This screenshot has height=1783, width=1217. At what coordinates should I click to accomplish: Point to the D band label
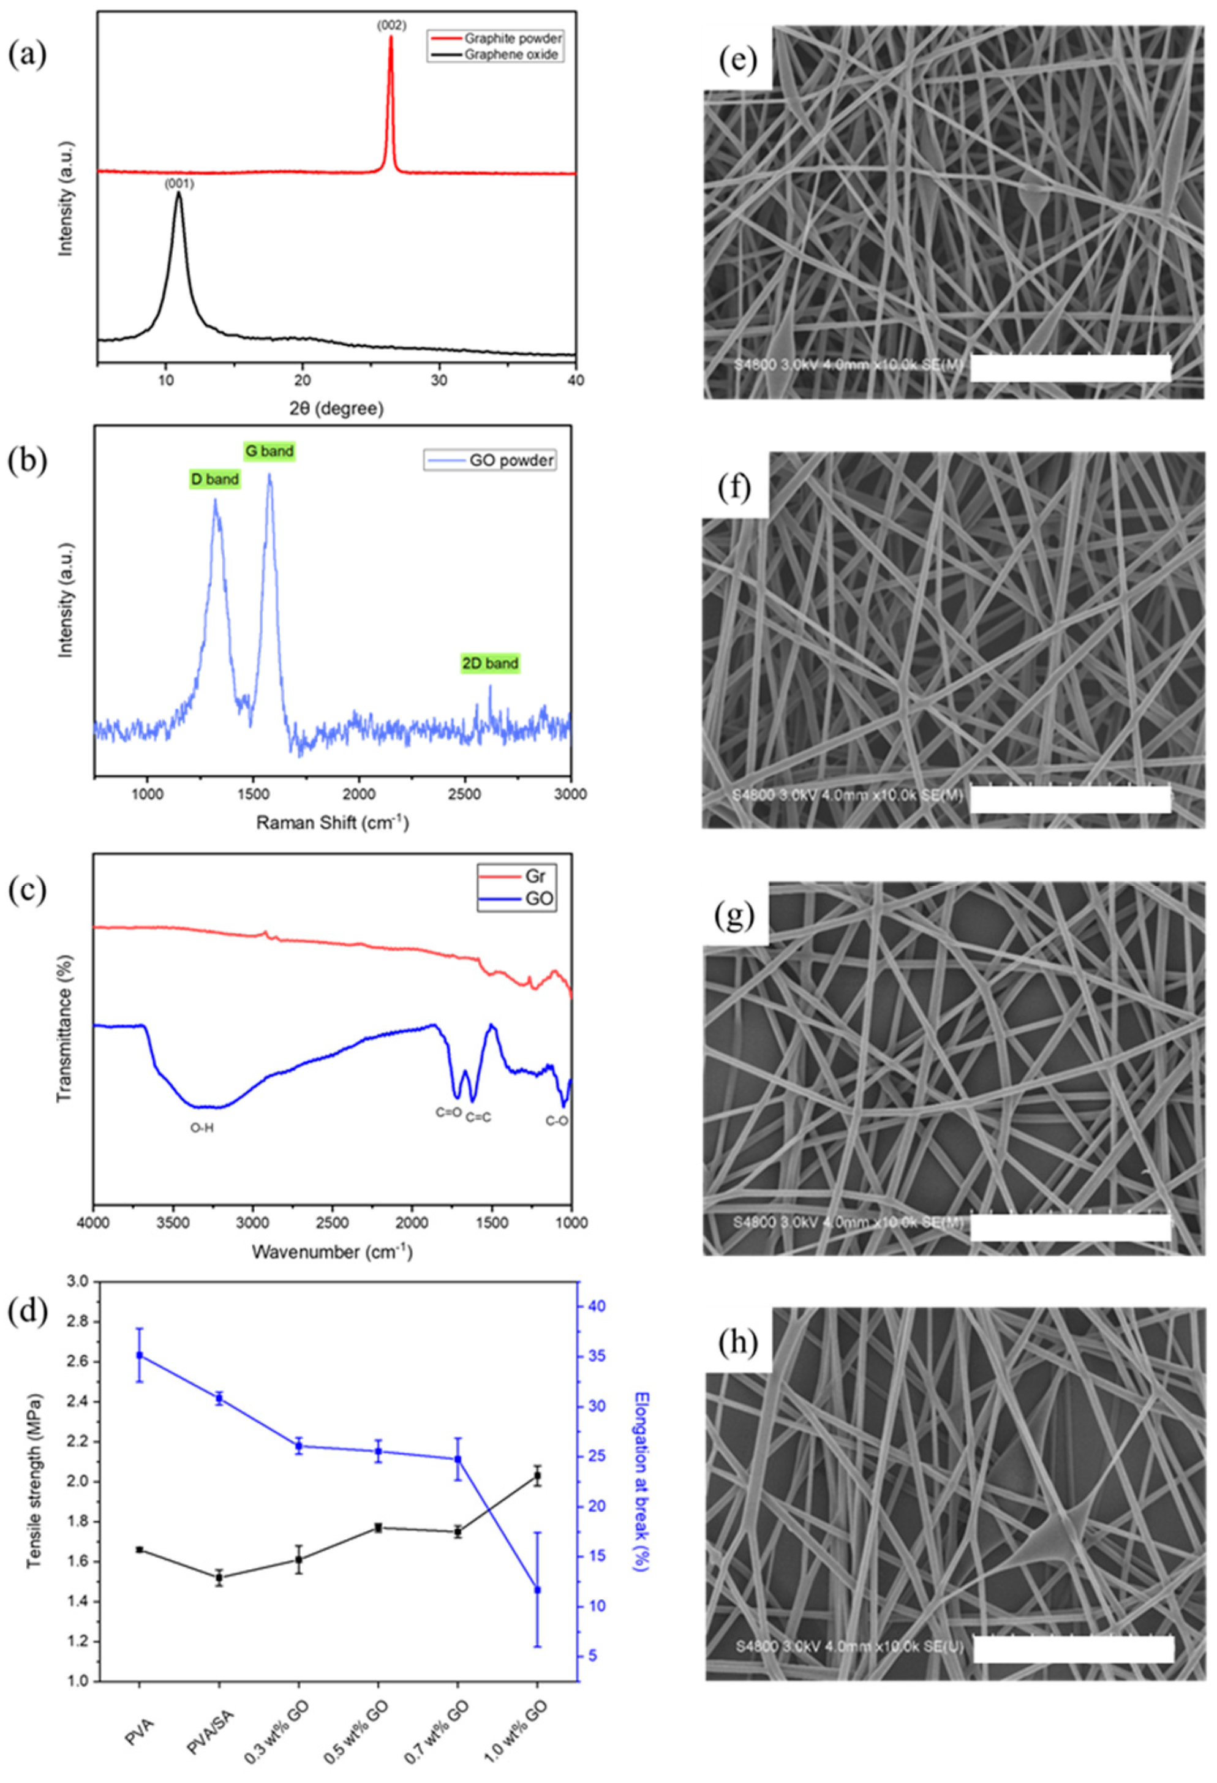click(215, 480)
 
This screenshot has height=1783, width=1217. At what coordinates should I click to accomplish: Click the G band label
click(269, 451)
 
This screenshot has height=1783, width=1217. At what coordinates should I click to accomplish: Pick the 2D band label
click(489, 663)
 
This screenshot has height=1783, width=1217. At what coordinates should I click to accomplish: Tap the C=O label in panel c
click(449, 1112)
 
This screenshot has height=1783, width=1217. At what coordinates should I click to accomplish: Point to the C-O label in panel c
click(557, 1121)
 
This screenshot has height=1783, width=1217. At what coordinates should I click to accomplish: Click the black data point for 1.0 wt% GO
click(537, 1476)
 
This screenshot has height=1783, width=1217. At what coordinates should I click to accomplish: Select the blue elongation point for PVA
click(139, 1355)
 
